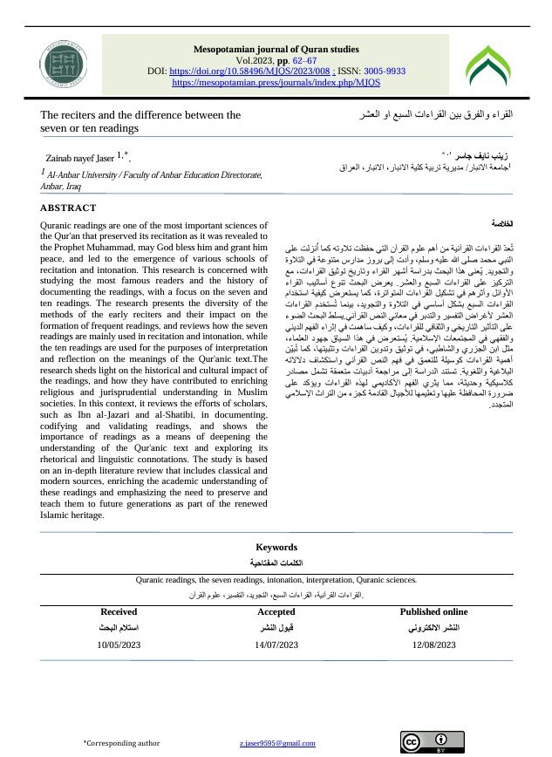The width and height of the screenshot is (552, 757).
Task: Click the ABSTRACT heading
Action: point(68,208)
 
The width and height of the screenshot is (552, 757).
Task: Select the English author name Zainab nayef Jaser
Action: point(80,158)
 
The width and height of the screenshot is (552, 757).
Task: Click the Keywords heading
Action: point(276,547)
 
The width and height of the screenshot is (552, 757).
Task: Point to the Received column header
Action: point(119,612)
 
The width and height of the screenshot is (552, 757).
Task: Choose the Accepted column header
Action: point(276,612)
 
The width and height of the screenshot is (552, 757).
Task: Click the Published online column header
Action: point(433,612)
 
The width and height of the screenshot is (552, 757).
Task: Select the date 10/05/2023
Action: point(119,645)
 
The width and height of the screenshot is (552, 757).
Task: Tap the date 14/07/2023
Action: point(276,645)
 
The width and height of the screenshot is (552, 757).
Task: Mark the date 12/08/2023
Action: point(433,645)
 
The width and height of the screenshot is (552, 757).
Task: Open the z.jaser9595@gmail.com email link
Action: point(276,742)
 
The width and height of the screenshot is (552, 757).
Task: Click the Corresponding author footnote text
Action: point(121,742)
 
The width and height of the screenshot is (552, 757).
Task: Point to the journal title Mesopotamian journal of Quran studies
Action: point(276,49)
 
